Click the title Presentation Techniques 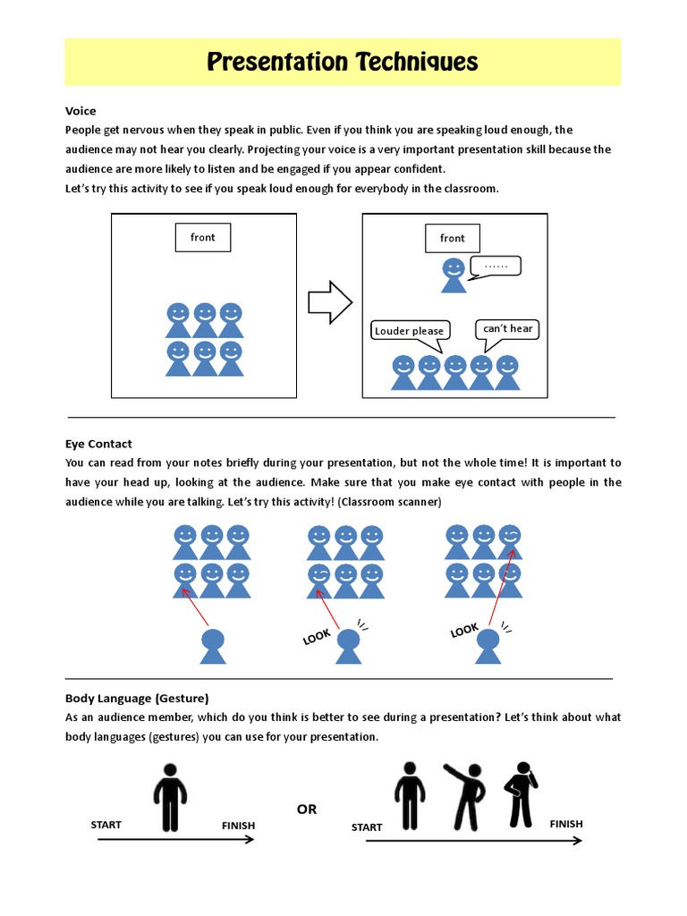(x=343, y=62)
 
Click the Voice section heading (x=81, y=111)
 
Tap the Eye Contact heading (x=98, y=444)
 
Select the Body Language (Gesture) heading (x=136, y=698)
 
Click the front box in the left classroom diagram (x=203, y=238)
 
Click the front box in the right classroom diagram (x=452, y=238)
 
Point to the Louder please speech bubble (x=410, y=331)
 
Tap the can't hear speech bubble (x=507, y=329)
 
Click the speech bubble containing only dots (x=495, y=266)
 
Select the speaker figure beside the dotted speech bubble (x=454, y=275)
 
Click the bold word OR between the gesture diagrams (x=307, y=809)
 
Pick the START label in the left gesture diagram (x=106, y=825)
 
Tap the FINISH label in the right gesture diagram (x=566, y=824)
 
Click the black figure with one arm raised (x=464, y=795)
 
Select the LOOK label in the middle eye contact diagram (x=317, y=637)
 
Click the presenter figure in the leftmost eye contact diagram (x=212, y=646)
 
